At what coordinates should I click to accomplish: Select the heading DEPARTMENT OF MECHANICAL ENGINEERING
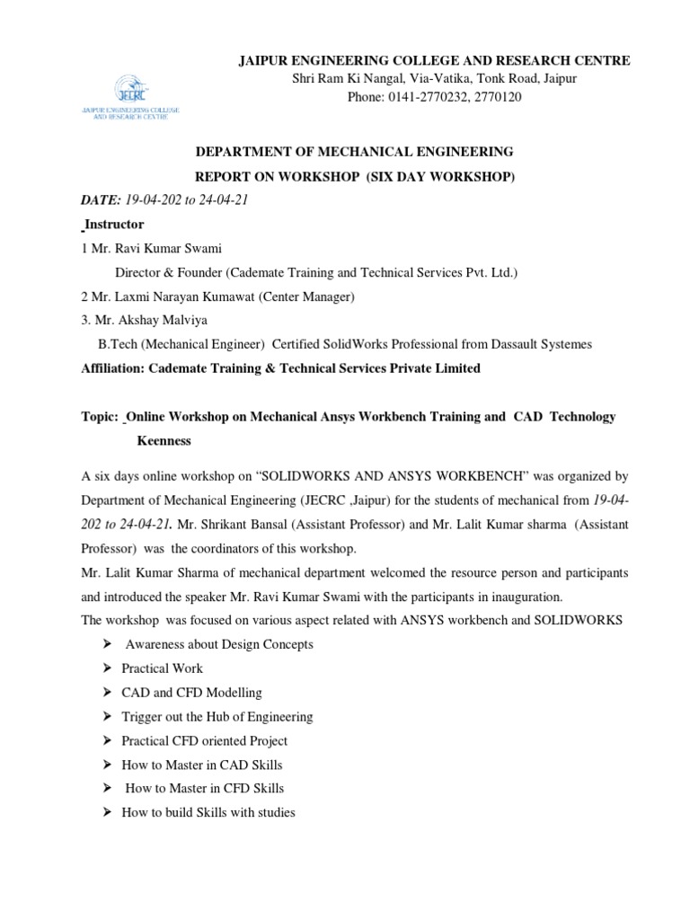(356, 152)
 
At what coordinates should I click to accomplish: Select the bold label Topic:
(100, 417)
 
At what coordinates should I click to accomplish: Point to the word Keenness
(164, 441)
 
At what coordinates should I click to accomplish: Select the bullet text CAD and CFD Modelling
(191, 693)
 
